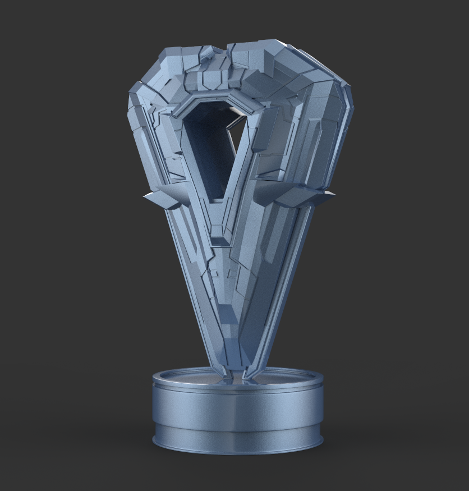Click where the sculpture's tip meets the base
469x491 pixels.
coord(236,375)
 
